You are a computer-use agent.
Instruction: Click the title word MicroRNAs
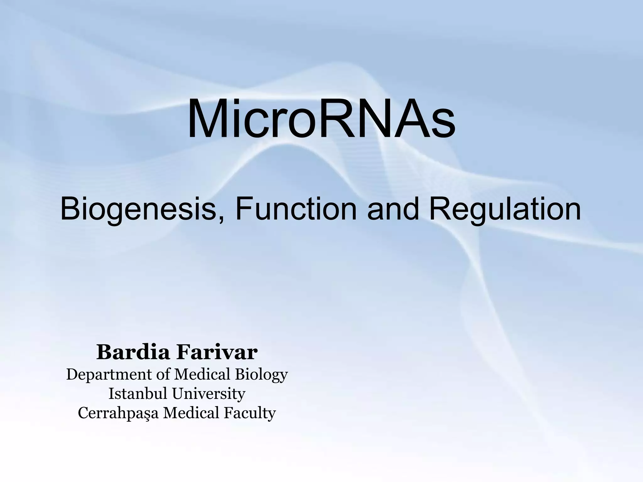coord(321,118)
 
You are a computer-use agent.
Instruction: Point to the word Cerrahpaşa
coord(118,413)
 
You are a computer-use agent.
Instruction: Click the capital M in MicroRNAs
coord(207,118)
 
